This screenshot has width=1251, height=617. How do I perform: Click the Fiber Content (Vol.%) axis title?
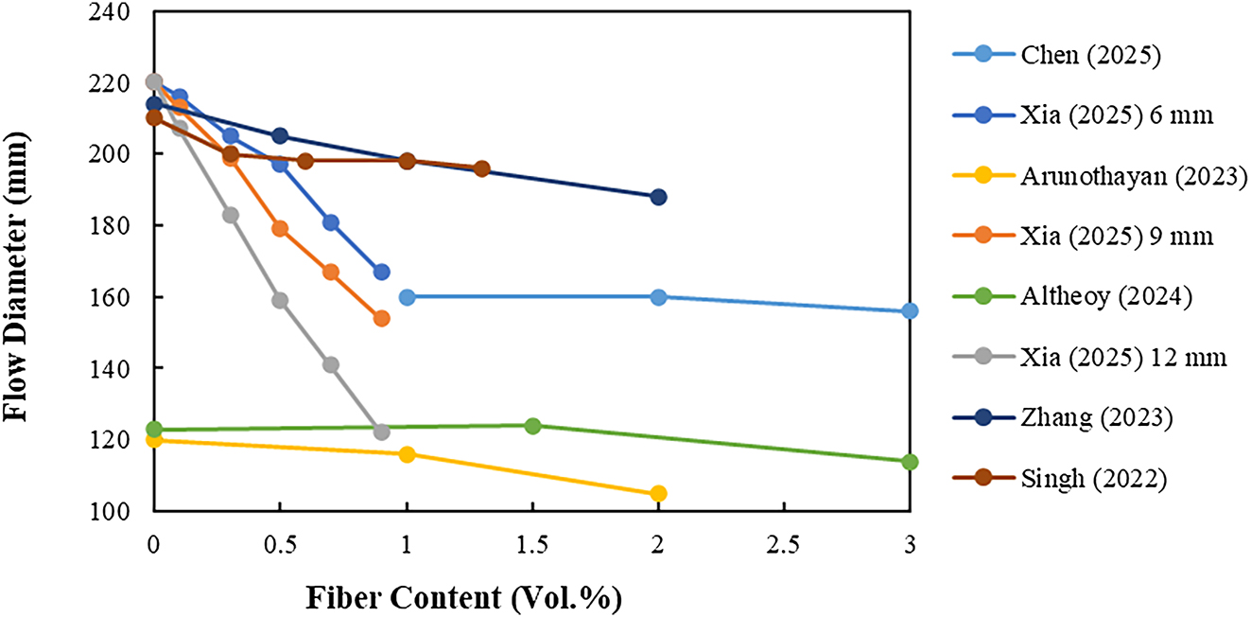click(x=463, y=598)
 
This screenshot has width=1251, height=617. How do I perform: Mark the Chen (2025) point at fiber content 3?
click(x=910, y=311)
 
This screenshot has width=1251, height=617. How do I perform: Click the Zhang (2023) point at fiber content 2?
click(x=658, y=197)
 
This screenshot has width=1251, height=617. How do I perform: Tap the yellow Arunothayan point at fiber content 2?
click(x=658, y=493)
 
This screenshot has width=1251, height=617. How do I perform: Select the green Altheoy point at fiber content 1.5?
click(x=532, y=426)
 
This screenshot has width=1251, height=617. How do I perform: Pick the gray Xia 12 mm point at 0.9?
click(x=381, y=432)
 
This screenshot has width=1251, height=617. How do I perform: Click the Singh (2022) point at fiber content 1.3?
click(x=481, y=168)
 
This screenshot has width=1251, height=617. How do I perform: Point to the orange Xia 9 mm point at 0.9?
click(x=381, y=318)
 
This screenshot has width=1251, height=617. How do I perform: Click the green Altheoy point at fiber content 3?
click(x=910, y=462)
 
